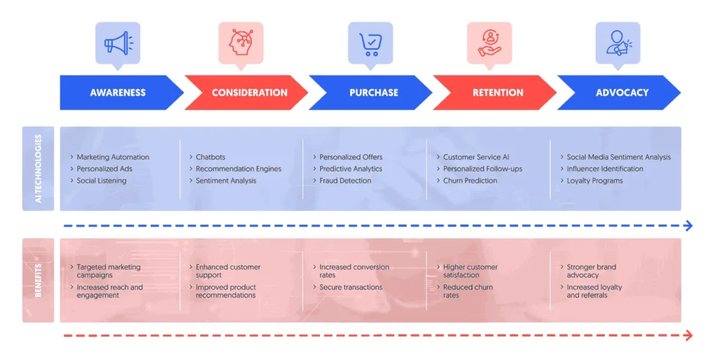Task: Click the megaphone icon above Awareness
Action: [x=118, y=43]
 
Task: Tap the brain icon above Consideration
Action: [x=240, y=43]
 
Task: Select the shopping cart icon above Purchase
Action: [x=370, y=43]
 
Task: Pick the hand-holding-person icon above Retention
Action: [x=489, y=43]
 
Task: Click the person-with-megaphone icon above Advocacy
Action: [x=618, y=43]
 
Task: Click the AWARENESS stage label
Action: [x=118, y=92]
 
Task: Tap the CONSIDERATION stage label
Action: [x=249, y=92]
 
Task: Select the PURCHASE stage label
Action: [x=373, y=92]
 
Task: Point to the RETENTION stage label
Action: [x=498, y=92]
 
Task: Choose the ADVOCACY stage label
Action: [x=622, y=92]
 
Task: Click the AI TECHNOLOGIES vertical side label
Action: [x=39, y=169]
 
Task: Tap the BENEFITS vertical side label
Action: [x=39, y=280]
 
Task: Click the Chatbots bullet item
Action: [x=210, y=157]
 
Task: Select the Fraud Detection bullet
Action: [x=345, y=181]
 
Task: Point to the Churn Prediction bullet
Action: [x=470, y=181]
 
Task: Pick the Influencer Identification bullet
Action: [x=604, y=169]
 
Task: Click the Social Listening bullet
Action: [x=102, y=181]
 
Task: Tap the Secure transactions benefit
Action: [x=351, y=287]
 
